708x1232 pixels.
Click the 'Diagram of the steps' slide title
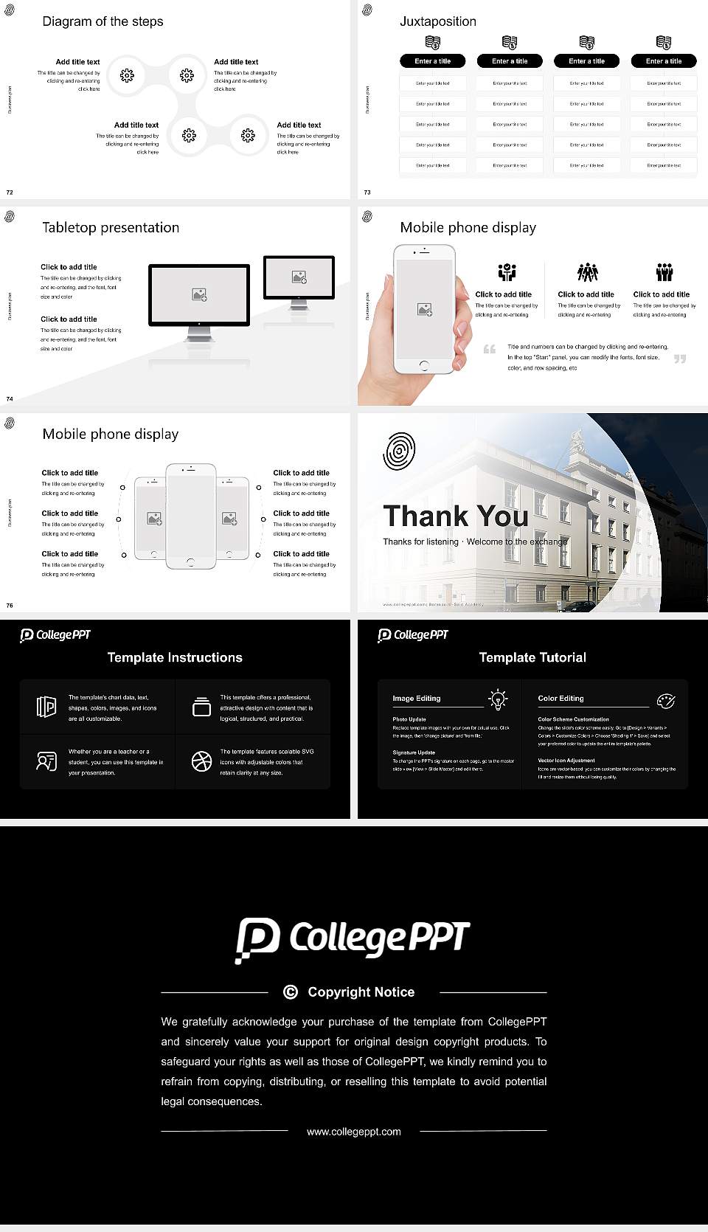[x=103, y=21]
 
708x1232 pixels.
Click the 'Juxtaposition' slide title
[x=437, y=21]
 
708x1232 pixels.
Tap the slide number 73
[x=367, y=192]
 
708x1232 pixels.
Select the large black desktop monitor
[x=199, y=295]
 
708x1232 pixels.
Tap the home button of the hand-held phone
[x=423, y=365]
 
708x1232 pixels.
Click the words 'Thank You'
[x=455, y=516]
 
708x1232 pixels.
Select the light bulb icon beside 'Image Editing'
[x=498, y=699]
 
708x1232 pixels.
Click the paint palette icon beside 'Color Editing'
[x=665, y=700]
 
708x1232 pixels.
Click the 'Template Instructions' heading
[x=175, y=657]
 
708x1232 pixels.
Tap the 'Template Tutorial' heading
[x=532, y=657]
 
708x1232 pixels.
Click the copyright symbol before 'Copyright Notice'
[x=291, y=992]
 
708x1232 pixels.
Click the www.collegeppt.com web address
[x=354, y=1132]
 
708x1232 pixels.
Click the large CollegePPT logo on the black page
[x=353, y=939]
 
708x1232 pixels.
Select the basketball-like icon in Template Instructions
[x=201, y=761]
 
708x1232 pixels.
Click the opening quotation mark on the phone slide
[x=489, y=349]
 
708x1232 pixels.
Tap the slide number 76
[x=10, y=605]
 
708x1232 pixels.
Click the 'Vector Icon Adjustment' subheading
[x=566, y=760]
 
